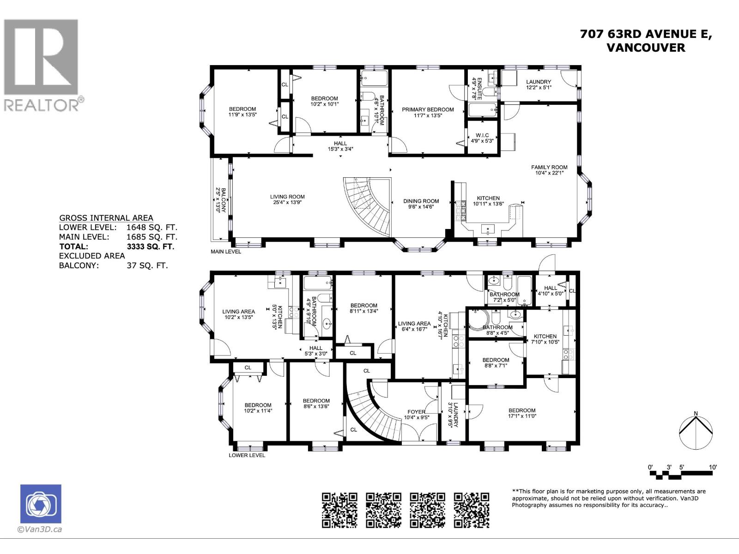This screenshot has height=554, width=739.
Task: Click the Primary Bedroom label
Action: click(x=427, y=110)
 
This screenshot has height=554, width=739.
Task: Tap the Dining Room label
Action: click(x=421, y=201)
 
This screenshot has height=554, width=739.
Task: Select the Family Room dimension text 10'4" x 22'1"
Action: click(x=549, y=173)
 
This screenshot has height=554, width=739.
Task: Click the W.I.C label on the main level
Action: click(x=482, y=136)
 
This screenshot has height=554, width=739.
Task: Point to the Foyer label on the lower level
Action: click(x=416, y=412)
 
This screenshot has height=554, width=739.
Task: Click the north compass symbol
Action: click(x=696, y=432)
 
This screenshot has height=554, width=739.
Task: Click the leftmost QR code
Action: click(x=339, y=510)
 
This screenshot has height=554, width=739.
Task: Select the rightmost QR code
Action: click(x=471, y=510)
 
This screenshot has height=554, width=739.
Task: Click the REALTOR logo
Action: click(x=41, y=65)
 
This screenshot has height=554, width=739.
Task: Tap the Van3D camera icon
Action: click(x=41, y=504)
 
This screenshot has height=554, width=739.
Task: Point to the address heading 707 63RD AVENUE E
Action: click(x=646, y=34)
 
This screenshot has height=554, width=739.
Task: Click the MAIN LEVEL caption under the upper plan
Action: click(x=226, y=252)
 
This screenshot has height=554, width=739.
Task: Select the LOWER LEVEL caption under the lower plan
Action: click(x=247, y=455)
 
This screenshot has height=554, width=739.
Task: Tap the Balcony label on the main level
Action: click(x=221, y=200)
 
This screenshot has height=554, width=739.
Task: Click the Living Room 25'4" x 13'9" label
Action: click(x=287, y=199)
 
